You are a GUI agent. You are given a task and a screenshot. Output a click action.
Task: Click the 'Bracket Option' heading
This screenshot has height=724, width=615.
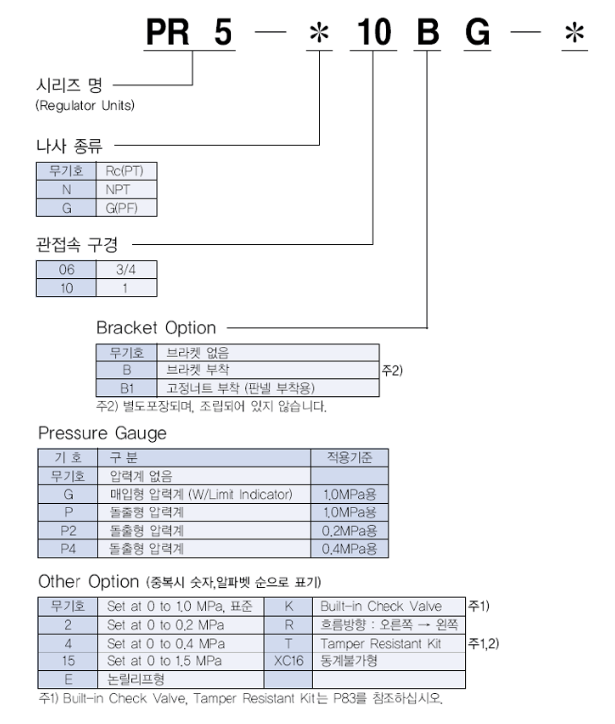pyautogui.click(x=156, y=326)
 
